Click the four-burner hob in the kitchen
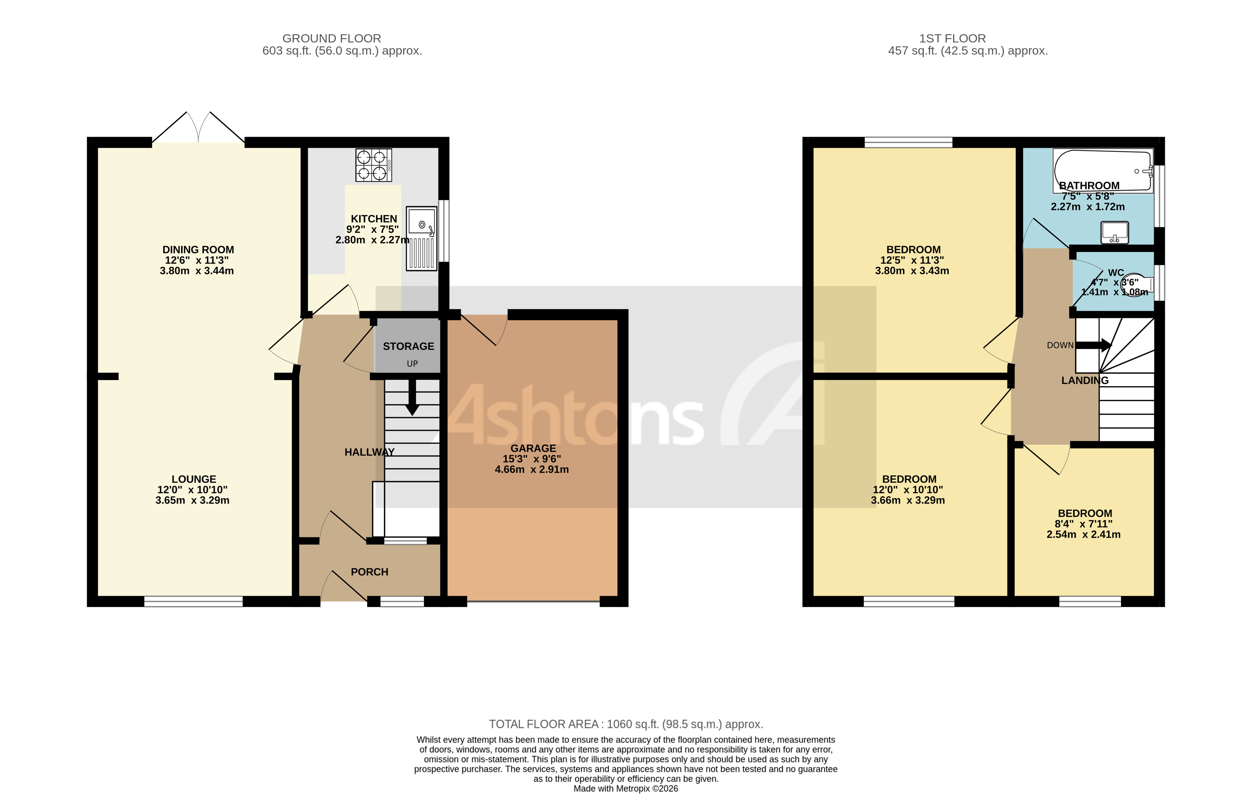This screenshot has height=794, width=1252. (x=373, y=165)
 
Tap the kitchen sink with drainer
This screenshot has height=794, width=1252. (x=421, y=238)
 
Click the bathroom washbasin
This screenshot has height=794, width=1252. (x=1114, y=232)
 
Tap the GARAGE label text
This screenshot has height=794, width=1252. (x=533, y=448)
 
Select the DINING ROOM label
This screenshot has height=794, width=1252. (x=198, y=249)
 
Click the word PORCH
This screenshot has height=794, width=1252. (x=369, y=572)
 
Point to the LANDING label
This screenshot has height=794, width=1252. (x=1085, y=380)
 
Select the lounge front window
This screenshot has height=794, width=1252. (x=193, y=601)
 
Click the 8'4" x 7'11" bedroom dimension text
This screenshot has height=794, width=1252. (x=1083, y=524)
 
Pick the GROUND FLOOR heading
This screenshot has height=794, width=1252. (x=332, y=39)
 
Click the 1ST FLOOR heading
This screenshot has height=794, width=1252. (x=952, y=39)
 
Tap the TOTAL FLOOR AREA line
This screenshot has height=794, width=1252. (x=625, y=724)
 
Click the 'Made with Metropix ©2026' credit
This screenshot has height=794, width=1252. (x=625, y=788)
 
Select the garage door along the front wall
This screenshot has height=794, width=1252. (x=533, y=602)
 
